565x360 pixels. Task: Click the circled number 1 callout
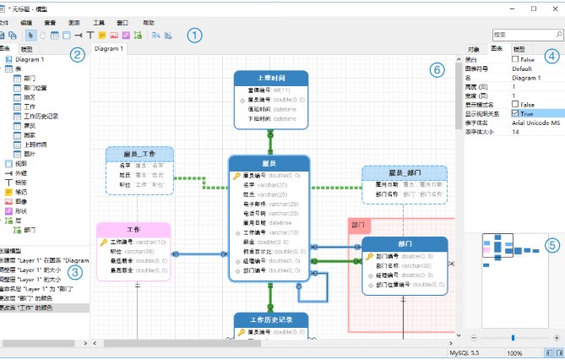195,35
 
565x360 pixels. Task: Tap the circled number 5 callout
551,246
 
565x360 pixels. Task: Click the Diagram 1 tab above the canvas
109,49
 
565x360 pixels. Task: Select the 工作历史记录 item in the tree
41,116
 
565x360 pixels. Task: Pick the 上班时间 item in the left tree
37,144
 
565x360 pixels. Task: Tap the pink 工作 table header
133,230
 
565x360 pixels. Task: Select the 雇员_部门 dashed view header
404,173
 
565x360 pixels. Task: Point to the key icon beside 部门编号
370,256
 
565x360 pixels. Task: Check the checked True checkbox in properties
515,113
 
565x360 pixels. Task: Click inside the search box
524,35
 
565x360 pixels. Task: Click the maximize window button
533,8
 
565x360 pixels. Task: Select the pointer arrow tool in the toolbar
31,35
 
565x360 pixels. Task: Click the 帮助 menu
149,22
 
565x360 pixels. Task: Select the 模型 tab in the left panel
28,50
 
